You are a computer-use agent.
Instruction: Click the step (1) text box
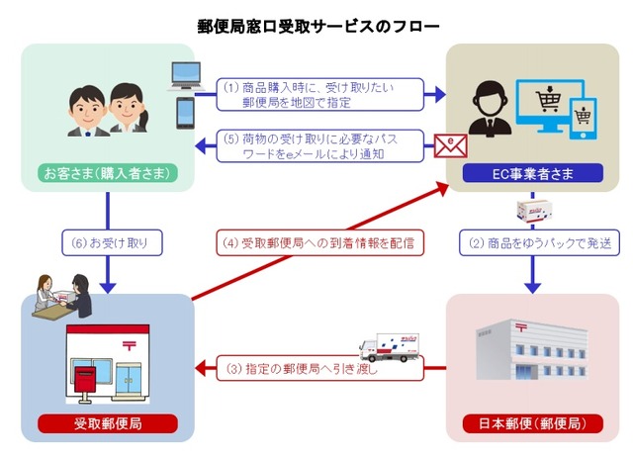point(322,94)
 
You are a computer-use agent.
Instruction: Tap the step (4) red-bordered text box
point(317,241)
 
